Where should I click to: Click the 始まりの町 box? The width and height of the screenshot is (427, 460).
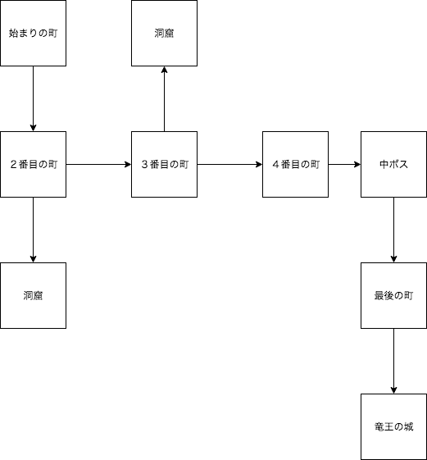tap(33, 33)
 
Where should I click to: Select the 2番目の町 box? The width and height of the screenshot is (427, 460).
tap(33, 164)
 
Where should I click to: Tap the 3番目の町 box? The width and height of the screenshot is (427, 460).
tap(164, 164)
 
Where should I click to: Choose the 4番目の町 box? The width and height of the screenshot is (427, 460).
tap(295, 164)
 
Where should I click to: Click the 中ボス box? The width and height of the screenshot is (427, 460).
tap(394, 164)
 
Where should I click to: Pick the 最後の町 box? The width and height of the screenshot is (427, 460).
tap(394, 295)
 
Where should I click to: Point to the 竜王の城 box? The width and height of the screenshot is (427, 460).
tap(394, 426)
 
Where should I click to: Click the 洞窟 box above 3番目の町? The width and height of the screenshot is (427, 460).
tap(164, 33)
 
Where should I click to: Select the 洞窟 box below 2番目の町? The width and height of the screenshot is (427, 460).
tap(33, 295)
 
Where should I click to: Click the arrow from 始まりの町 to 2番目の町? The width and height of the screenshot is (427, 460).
tap(33, 98)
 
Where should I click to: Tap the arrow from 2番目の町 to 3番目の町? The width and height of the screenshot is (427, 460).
tap(98, 164)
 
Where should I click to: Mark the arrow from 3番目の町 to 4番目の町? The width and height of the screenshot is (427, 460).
tap(229, 164)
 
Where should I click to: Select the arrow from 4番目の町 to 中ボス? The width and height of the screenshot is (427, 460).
tap(344, 164)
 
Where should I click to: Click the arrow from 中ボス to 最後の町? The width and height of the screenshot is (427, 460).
tap(394, 230)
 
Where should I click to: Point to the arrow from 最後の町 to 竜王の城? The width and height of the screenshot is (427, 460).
tap(394, 361)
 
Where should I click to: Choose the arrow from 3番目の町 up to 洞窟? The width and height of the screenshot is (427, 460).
tap(164, 98)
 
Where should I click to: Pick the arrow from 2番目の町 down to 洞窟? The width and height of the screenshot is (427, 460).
tap(33, 230)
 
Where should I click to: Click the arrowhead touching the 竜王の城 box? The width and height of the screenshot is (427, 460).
tap(394, 390)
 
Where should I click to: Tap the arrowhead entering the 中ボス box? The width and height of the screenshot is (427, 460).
tap(357, 164)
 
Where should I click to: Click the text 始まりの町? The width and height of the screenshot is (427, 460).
tap(33, 33)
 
